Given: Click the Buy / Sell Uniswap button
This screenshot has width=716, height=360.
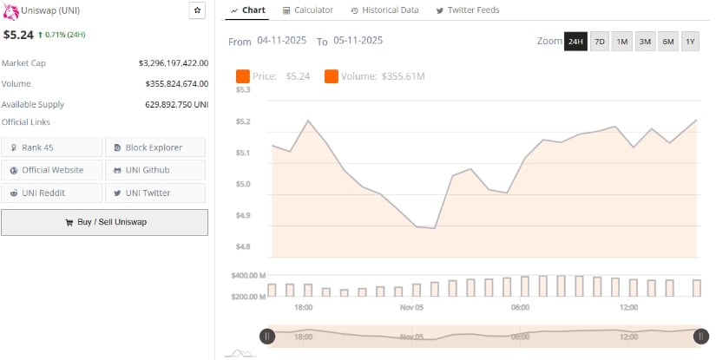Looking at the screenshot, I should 104,222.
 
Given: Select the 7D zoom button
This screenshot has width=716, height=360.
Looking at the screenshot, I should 599,42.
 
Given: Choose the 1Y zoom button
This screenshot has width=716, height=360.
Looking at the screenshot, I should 690,42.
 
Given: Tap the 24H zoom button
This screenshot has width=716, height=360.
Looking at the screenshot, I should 575,42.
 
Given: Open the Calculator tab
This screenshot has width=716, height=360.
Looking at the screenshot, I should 308,10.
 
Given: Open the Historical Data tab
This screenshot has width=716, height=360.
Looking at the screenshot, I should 384,10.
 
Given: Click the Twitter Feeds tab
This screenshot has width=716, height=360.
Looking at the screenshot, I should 469,10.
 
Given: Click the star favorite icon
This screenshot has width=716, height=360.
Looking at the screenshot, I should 197,10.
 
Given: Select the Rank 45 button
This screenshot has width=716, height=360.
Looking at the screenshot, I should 51,147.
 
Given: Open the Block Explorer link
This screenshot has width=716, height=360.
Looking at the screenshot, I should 155,147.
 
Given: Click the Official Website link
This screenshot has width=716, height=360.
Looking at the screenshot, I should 51,170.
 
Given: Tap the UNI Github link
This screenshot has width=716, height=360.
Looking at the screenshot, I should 155,170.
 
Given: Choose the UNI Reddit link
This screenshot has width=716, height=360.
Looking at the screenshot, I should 51,193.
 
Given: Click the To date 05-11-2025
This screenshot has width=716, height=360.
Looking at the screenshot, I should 357,41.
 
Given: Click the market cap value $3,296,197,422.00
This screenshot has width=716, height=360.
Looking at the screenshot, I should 173,63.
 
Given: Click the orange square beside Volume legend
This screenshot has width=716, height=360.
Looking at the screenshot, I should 332,76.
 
